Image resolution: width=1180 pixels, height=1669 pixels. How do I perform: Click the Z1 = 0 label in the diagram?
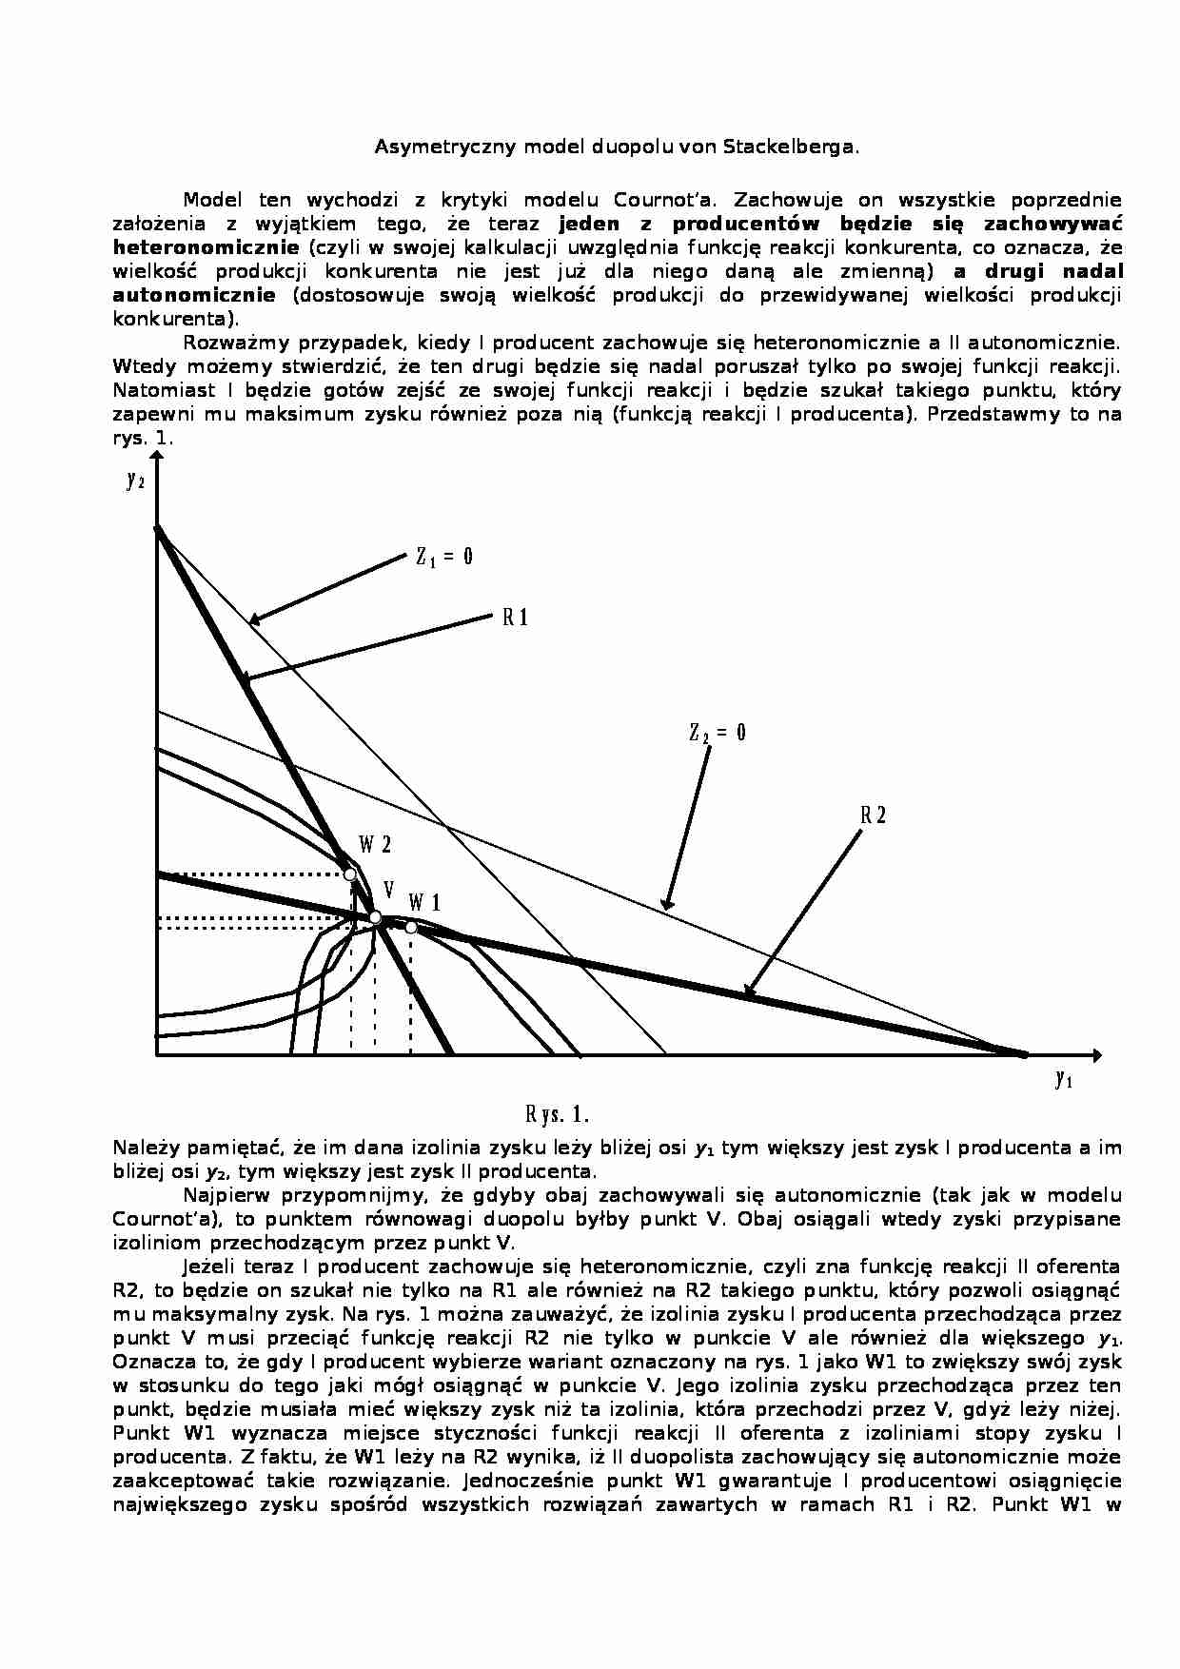pos(443,558)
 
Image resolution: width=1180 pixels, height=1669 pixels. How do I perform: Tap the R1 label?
pos(515,619)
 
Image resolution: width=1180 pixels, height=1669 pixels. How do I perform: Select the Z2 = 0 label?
pos(718,733)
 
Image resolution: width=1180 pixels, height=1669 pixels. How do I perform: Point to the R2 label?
pos(873,815)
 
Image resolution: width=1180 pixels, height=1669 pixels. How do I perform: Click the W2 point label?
pos(374,845)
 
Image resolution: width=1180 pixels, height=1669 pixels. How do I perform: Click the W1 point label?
pos(424,902)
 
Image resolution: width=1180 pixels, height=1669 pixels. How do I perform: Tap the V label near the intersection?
pos(388,889)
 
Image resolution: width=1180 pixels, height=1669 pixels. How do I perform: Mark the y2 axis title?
pos(135,480)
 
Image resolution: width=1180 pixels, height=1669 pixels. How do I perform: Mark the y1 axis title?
pos(1064,1078)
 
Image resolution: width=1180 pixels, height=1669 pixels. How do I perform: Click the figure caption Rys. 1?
pos(558,1114)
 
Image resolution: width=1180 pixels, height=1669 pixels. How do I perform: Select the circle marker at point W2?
pos(350,874)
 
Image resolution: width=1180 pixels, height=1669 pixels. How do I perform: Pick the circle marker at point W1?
pos(411,927)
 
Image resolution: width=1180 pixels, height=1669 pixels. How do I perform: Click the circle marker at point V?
pos(375,917)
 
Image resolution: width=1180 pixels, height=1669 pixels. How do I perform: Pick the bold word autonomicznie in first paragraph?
pos(194,295)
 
